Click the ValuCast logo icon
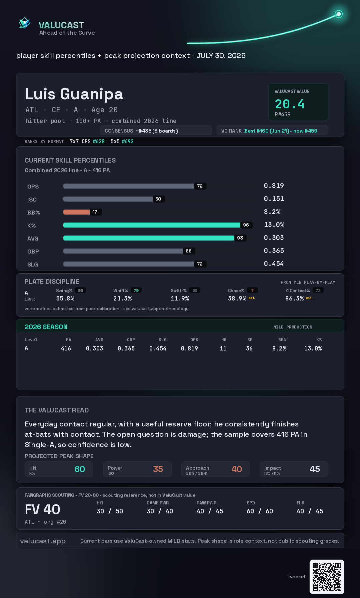pyautogui.click(x=24, y=23)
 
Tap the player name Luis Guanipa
pyautogui.click(x=74, y=94)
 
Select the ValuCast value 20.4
pyautogui.click(x=289, y=104)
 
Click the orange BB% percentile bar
pyautogui.click(x=76, y=212)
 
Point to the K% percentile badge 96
pyautogui.click(x=246, y=225)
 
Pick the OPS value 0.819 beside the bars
pyautogui.click(x=274, y=186)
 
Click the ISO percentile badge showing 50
pyautogui.click(x=158, y=199)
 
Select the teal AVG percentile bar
pyautogui.click(x=149, y=238)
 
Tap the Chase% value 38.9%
pyautogui.click(x=237, y=299)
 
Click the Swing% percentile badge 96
pyautogui.click(x=80, y=291)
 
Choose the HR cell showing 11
pyautogui.click(x=223, y=348)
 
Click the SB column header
pyautogui.click(x=250, y=340)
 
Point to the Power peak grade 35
pyautogui.click(x=158, y=469)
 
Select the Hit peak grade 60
pyautogui.click(x=80, y=469)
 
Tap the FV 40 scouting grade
pyautogui.click(x=42, y=509)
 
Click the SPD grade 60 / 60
pyautogui.click(x=260, y=511)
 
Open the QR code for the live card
pyautogui.click(x=327, y=577)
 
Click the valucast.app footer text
pyautogui.click(x=43, y=541)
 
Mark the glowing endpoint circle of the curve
pyautogui.click(x=339, y=14)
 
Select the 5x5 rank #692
pyautogui.click(x=128, y=141)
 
